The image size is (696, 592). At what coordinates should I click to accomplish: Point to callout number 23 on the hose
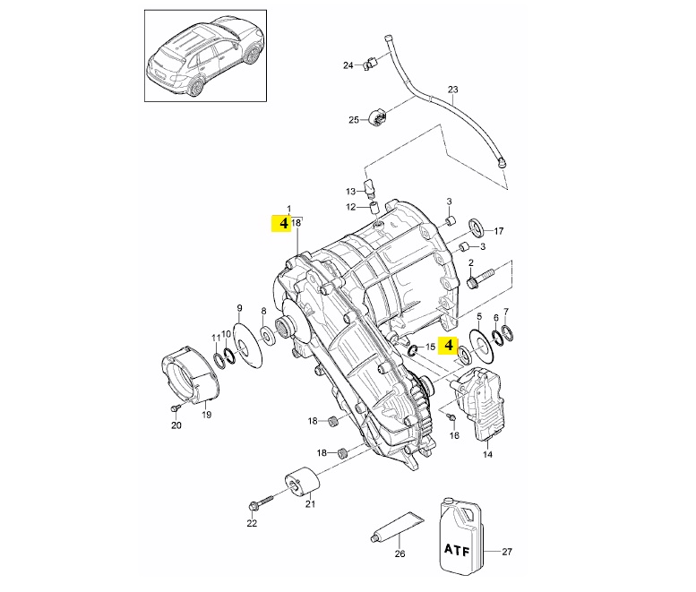point(452,90)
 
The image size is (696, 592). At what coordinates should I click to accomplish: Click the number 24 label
point(348,65)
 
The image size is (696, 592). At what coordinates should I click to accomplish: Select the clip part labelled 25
point(377,118)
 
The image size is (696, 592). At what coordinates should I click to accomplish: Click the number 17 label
point(499,231)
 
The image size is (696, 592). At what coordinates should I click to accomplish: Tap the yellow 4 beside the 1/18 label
point(284,223)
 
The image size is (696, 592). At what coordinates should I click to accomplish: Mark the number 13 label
point(351,192)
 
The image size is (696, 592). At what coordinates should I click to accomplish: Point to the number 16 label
point(454,435)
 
